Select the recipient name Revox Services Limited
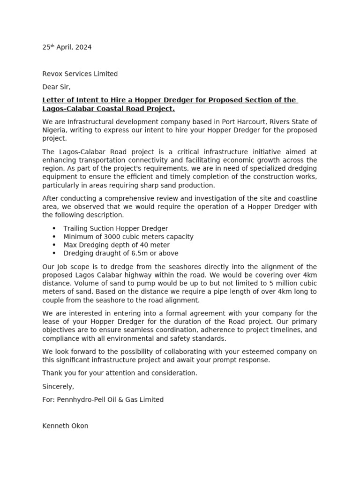[x=80, y=74]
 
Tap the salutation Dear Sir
[x=56, y=87]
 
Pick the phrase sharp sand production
[x=176, y=185]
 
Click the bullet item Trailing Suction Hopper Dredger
[x=115, y=228]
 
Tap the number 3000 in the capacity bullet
[x=106, y=237]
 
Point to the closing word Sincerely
[x=58, y=387]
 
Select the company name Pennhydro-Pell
[x=80, y=400]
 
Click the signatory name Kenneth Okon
[x=65, y=426]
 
